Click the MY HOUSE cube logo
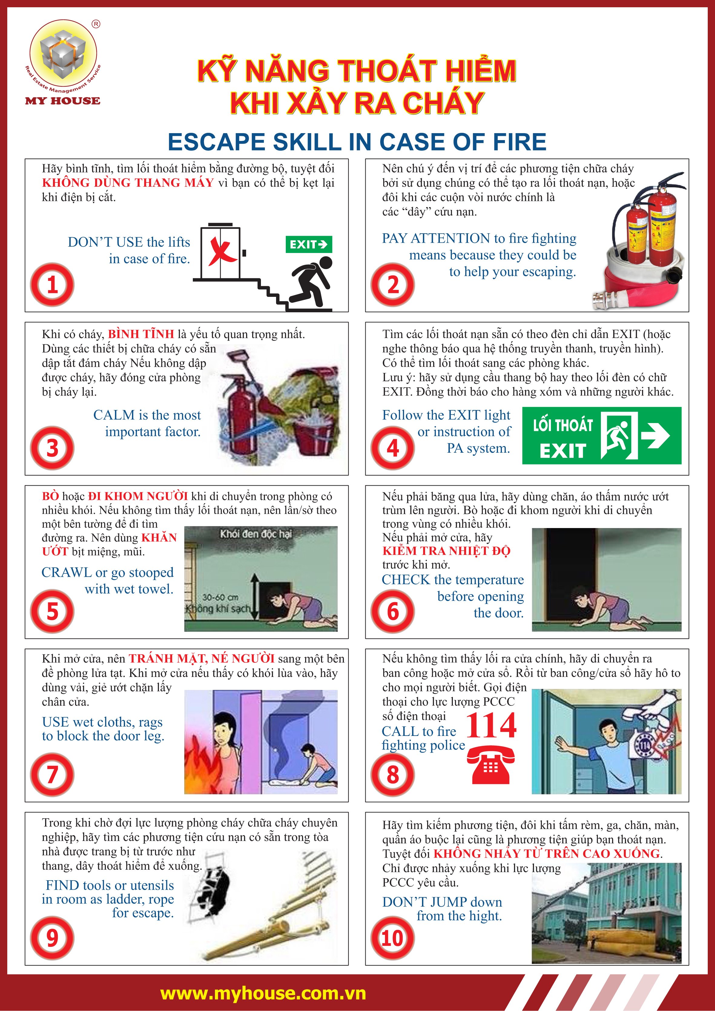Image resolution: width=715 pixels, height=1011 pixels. pyautogui.click(x=63, y=55)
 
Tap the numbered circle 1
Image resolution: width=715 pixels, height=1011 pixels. pyautogui.click(x=52, y=284)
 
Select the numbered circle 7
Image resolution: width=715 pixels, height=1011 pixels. pyautogui.click(x=52, y=775)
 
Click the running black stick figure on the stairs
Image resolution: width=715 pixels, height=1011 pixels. pyautogui.click(x=311, y=282)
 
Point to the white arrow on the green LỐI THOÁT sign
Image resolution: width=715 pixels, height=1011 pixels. pyautogui.click(x=655, y=435)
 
